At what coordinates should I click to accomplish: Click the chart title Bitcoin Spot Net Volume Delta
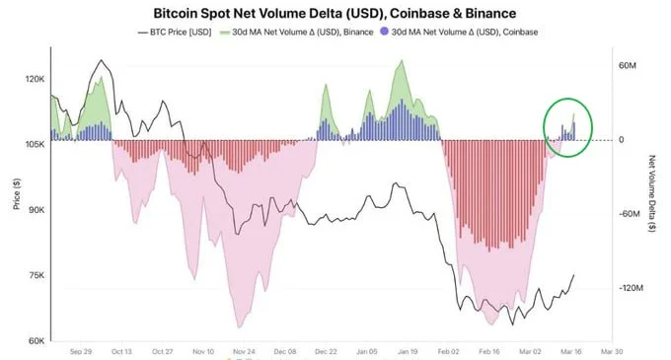click(x=335, y=15)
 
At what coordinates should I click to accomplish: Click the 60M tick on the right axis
click(x=629, y=65)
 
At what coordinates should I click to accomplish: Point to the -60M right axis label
click(x=629, y=214)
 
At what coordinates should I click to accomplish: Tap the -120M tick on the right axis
click(x=631, y=288)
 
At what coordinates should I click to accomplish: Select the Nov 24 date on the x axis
click(x=245, y=350)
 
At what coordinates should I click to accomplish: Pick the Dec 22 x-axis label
click(x=327, y=350)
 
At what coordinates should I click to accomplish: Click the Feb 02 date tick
click(x=449, y=350)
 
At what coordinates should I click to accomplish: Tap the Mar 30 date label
click(x=612, y=350)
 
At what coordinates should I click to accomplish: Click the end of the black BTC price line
click(x=573, y=276)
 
